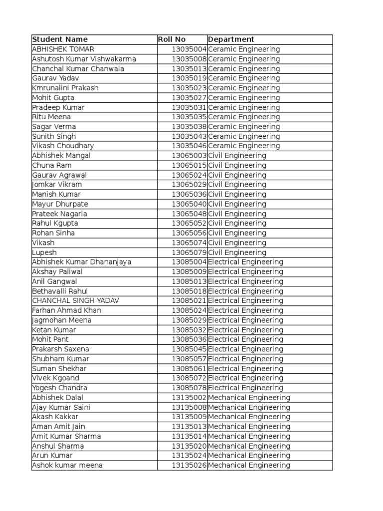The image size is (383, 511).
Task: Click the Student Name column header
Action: coord(60,39)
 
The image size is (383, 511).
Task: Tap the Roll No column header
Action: coord(172,39)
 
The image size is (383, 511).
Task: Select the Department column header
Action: coord(231,39)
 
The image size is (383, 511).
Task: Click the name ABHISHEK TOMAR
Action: coord(63,49)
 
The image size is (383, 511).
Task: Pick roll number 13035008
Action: coord(189,59)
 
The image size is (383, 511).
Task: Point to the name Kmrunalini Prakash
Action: coord(65,88)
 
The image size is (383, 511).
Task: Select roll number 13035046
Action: coord(189,146)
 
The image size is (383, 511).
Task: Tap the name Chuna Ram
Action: coord(52,165)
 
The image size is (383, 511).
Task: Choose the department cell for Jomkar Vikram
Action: coord(237,185)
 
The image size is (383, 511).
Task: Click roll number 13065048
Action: coord(189,214)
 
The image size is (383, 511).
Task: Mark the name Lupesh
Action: coord(44,253)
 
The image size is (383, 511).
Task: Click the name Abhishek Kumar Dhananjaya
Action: coord(81,262)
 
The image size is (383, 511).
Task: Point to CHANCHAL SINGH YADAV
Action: coord(75,301)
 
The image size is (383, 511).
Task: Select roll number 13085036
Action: coord(189,339)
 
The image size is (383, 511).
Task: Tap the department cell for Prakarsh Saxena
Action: coord(245,349)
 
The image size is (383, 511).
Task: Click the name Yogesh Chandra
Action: coord(59,388)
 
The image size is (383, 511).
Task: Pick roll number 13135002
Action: coord(189,398)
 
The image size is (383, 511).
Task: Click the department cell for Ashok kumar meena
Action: coord(249,465)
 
